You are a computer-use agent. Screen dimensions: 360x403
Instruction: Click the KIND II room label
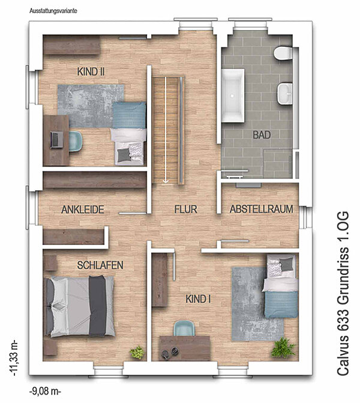click(91, 71)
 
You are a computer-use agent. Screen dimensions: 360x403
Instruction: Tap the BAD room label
click(262, 135)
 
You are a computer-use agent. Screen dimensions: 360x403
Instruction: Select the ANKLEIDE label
click(83, 210)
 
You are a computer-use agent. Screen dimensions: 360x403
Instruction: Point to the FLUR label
click(185, 209)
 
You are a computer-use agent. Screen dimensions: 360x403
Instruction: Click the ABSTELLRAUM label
click(262, 209)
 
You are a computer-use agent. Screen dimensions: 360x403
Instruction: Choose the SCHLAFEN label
click(100, 265)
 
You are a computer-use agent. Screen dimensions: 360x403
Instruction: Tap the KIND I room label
click(198, 299)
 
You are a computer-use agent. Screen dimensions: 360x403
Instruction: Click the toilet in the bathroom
click(283, 53)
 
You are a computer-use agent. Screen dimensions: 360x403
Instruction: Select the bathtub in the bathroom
click(233, 95)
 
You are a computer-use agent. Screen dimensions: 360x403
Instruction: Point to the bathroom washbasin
click(285, 94)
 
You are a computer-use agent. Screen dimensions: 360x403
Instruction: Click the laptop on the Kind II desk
click(57, 139)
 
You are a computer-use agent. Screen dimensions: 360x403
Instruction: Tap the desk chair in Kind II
click(76, 141)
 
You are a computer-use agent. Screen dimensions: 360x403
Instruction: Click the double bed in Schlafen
click(80, 306)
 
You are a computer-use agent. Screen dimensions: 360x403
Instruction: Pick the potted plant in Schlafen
click(137, 353)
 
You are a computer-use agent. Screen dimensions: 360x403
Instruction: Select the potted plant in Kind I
click(283, 347)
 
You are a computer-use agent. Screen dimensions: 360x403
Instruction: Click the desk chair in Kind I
click(184, 328)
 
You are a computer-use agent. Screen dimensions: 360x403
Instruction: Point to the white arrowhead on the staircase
click(166, 181)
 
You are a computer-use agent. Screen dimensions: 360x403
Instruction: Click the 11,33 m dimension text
click(14, 358)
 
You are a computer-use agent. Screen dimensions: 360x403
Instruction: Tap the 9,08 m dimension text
click(45, 392)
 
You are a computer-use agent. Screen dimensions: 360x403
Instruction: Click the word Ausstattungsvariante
click(53, 11)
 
